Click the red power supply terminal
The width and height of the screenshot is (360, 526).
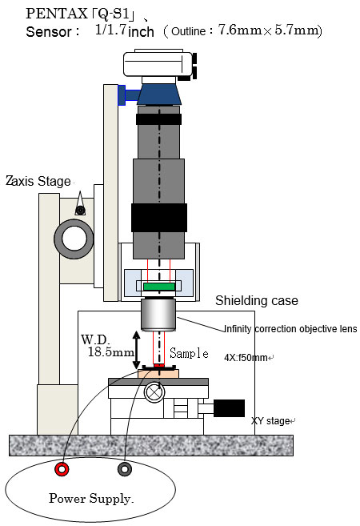click(x=62, y=469)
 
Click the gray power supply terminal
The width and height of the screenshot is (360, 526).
click(x=124, y=469)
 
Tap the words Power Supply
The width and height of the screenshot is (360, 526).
click(x=91, y=499)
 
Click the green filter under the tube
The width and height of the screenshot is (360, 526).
click(x=159, y=287)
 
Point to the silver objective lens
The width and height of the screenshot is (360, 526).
click(x=158, y=315)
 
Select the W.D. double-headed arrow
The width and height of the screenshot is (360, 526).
click(x=137, y=350)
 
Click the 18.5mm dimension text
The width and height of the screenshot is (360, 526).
click(x=111, y=352)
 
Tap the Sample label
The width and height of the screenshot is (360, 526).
click(x=189, y=353)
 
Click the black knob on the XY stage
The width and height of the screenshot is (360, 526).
click(x=229, y=408)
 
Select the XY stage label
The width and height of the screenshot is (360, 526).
click(x=270, y=420)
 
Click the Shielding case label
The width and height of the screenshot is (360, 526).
click(x=257, y=300)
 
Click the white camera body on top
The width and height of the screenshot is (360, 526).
click(x=158, y=63)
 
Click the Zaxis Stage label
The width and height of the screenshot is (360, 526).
click(x=38, y=181)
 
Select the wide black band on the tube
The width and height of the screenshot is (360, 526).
click(x=159, y=218)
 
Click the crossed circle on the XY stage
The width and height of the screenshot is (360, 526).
click(x=154, y=392)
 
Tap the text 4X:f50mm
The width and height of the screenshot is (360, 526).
click(x=246, y=358)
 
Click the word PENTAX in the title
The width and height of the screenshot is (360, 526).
click(x=56, y=14)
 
